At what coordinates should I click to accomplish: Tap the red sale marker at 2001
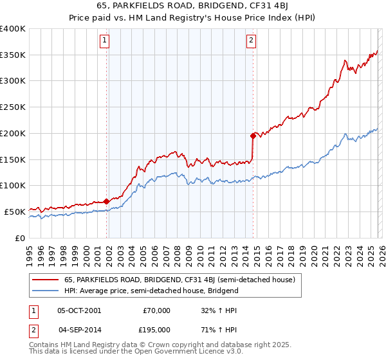pyautogui.click(x=106, y=201)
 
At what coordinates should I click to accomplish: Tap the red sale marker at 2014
pyautogui.click(x=253, y=136)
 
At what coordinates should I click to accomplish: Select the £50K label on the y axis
pyautogui.click(x=15, y=212)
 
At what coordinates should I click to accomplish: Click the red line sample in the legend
pyautogui.click(x=46, y=280)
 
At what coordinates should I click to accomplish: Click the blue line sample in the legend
pyautogui.click(x=46, y=291)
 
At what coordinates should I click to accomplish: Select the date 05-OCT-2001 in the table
pyautogui.click(x=79, y=310)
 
